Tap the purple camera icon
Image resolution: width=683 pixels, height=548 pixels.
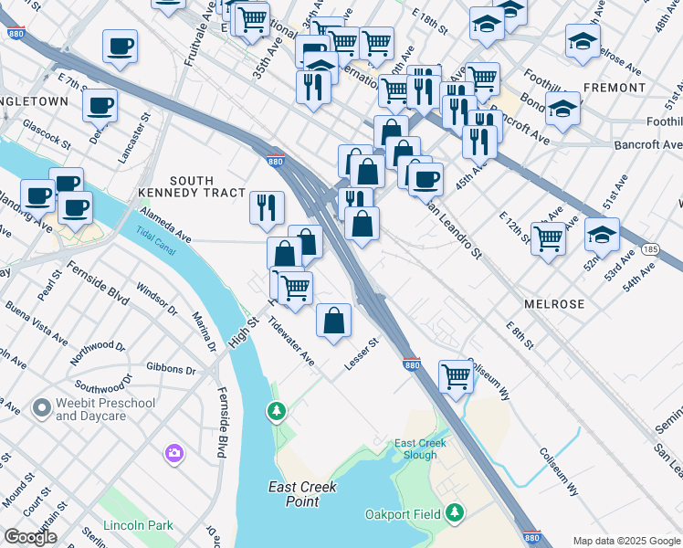[x=174, y=453]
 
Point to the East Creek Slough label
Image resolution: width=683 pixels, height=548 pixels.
[x=420, y=448]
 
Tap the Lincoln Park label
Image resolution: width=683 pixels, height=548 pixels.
[x=138, y=526]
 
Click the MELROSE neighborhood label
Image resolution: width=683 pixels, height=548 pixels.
[x=553, y=302]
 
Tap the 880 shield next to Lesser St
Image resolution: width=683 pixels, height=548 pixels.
[x=410, y=364]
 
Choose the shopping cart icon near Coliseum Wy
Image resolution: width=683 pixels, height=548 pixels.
[x=456, y=375]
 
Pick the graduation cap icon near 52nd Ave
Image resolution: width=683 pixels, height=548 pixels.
[x=602, y=235]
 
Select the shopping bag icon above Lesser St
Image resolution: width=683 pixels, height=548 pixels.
[x=334, y=320]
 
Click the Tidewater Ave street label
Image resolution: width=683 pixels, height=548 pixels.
[x=291, y=342]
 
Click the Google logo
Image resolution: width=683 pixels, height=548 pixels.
[x=31, y=537]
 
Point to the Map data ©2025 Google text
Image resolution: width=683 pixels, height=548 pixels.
[x=625, y=540]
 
